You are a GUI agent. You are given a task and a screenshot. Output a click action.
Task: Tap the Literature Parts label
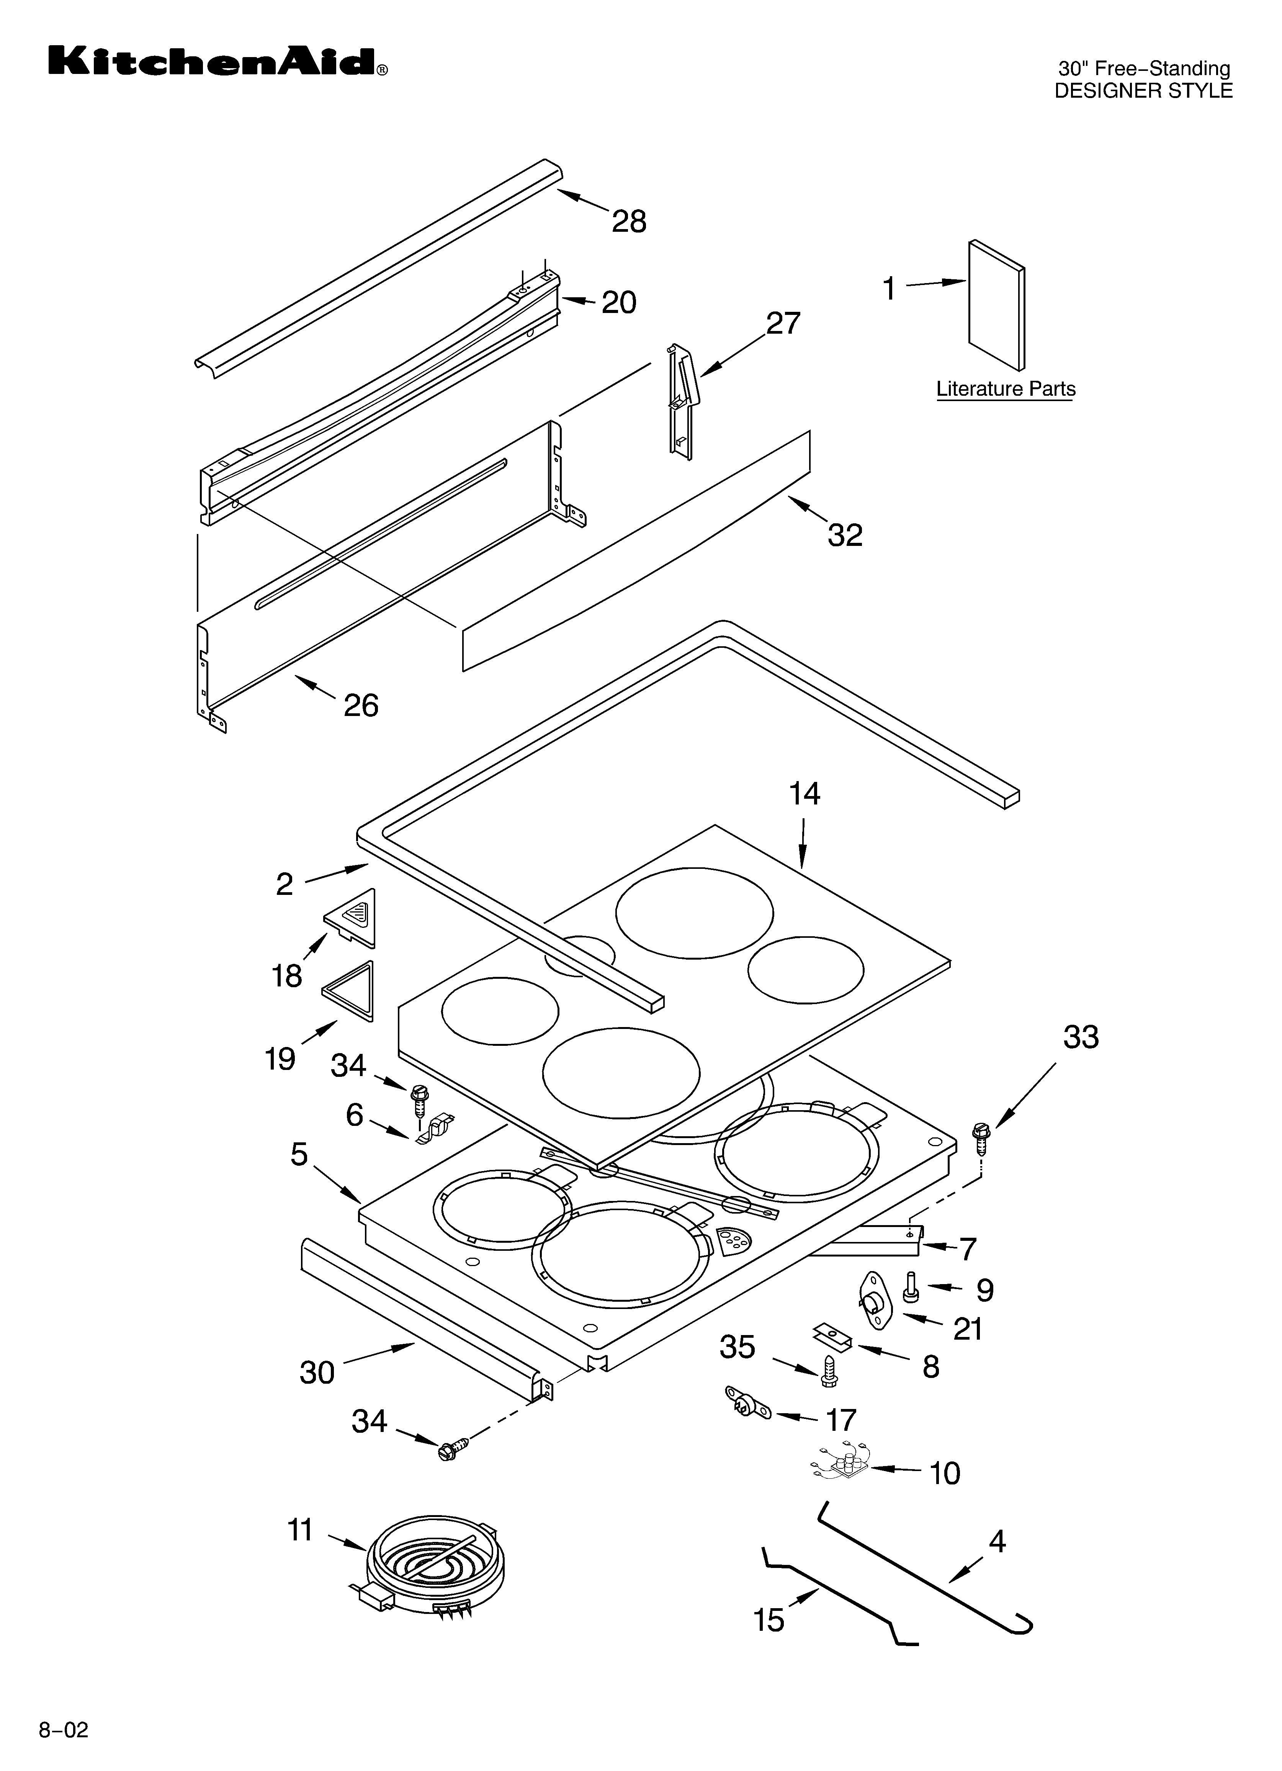click(1006, 389)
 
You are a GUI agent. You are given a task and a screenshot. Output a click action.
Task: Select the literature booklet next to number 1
click(996, 305)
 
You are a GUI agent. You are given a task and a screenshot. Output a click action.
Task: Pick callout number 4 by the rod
click(997, 1542)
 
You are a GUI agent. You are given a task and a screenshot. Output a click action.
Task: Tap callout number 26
click(361, 705)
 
